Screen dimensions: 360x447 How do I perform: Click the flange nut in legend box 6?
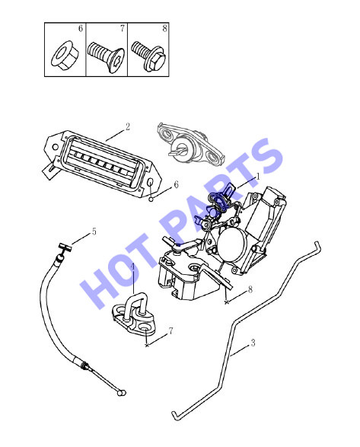[63, 56]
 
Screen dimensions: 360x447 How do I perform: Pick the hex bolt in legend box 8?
[148, 56]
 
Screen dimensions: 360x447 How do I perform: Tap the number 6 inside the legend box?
[81, 28]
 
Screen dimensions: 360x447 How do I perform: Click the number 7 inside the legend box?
[123, 28]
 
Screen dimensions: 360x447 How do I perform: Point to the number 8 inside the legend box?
[164, 28]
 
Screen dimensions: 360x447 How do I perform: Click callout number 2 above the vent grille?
[128, 126]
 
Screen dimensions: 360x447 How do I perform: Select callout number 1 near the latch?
[258, 176]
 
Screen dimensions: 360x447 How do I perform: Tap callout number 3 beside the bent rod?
[253, 343]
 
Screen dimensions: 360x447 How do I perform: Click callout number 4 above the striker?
[132, 267]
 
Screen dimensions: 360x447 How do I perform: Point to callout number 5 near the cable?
[94, 231]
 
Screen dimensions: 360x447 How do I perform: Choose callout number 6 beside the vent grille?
[176, 185]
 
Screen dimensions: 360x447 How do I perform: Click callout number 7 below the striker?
[170, 331]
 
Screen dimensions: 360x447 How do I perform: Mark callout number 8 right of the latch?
[250, 289]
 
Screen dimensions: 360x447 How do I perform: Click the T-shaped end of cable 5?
[65, 247]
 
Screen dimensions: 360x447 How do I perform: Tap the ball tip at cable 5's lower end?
[122, 393]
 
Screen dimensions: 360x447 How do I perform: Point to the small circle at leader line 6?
[151, 199]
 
